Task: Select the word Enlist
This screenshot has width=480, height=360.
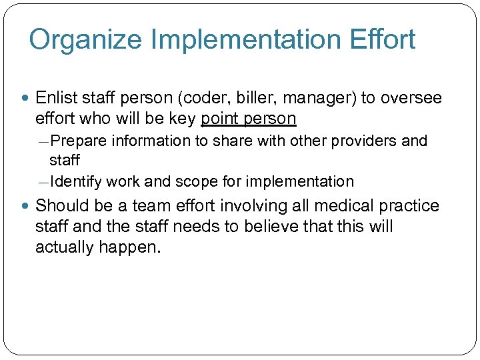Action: pyautogui.click(x=55, y=99)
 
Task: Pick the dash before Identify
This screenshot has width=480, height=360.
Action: pyautogui.click(x=43, y=182)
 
